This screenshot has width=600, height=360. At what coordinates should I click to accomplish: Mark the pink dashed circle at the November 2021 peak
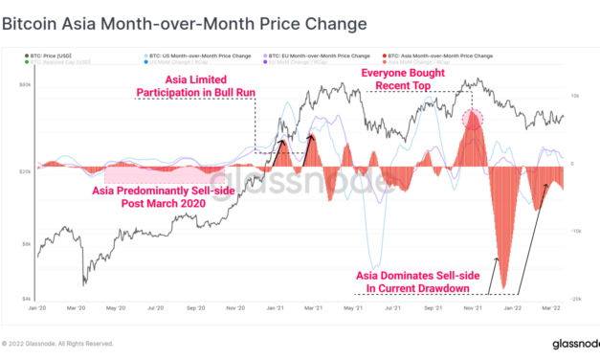tap(472, 120)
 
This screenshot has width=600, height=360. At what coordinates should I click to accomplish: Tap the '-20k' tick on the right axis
tap(577, 299)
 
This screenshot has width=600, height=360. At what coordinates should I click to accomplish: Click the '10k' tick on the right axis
tap(576, 96)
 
